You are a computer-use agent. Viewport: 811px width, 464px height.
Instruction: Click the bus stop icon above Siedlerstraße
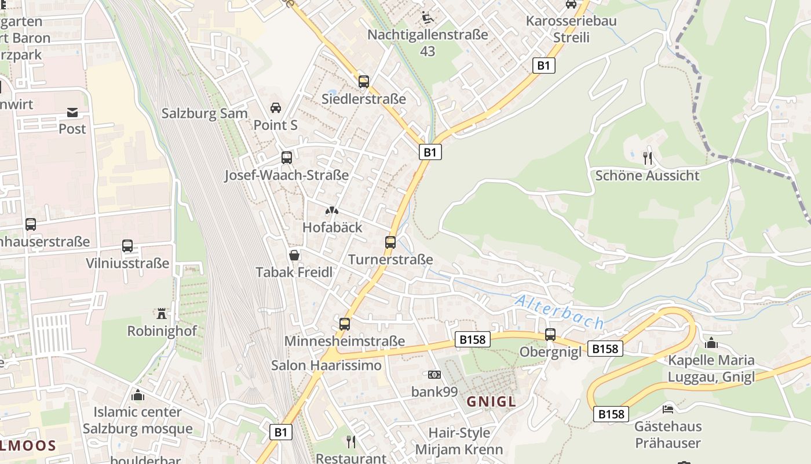(x=364, y=82)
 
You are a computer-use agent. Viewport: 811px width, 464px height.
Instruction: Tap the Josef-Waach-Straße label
(x=287, y=175)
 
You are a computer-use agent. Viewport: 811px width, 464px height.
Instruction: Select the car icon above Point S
(x=276, y=108)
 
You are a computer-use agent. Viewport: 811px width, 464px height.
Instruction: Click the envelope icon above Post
(x=72, y=112)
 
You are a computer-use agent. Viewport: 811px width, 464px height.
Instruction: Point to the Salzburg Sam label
(x=204, y=113)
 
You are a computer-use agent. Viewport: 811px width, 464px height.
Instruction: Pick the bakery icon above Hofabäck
(x=332, y=211)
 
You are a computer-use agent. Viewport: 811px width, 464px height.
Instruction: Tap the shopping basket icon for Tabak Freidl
(x=294, y=255)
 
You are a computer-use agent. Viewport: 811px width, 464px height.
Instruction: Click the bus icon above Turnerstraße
(x=390, y=242)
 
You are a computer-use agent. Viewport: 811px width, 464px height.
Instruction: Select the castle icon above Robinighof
(x=162, y=314)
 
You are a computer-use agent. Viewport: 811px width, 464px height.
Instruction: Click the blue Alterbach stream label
(x=559, y=312)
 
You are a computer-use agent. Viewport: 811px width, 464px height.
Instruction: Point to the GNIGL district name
(x=491, y=401)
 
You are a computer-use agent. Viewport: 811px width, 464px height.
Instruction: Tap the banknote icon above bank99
(x=434, y=375)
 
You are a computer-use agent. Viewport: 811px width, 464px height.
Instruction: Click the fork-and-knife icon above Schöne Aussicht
(x=648, y=158)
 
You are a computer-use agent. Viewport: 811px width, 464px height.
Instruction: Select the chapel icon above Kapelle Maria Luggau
(x=711, y=343)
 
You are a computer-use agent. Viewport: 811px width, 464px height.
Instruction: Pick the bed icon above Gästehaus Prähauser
(x=668, y=409)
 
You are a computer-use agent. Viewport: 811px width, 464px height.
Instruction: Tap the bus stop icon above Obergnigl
(x=550, y=335)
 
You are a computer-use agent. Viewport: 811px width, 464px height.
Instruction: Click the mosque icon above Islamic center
(x=138, y=395)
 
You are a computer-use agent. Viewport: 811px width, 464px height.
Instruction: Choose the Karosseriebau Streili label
(x=571, y=29)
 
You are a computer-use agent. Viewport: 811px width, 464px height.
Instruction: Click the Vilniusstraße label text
(x=127, y=263)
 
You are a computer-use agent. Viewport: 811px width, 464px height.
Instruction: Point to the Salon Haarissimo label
(x=327, y=365)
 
